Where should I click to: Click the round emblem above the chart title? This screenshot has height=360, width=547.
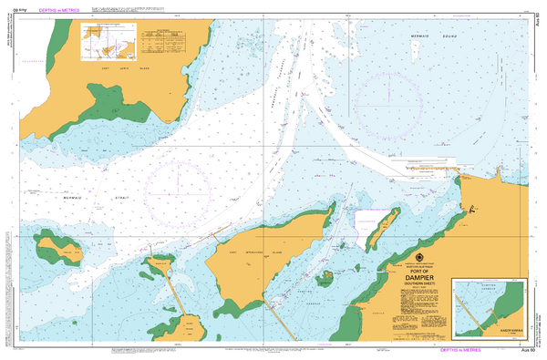click(x=419, y=257)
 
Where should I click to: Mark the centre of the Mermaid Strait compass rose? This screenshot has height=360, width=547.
click(x=180, y=191)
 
